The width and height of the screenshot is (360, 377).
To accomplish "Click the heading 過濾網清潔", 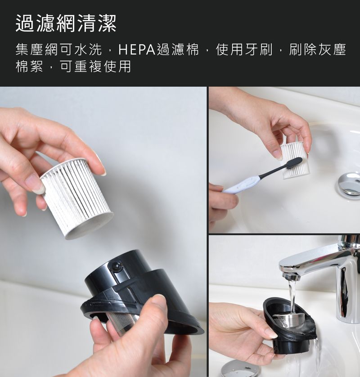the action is tap(66, 23).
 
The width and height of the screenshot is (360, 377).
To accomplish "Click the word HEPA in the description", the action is tap(137, 50).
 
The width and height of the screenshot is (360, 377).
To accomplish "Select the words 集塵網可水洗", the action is tap(58, 50).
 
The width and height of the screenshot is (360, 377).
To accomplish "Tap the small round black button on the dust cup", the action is tap(116, 266).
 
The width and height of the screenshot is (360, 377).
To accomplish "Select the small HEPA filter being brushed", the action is tap(295, 161).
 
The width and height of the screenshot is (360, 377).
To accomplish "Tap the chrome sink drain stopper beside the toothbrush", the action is tap(349, 184).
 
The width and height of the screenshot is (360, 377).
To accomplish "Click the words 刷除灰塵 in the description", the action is tap(317, 50).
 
